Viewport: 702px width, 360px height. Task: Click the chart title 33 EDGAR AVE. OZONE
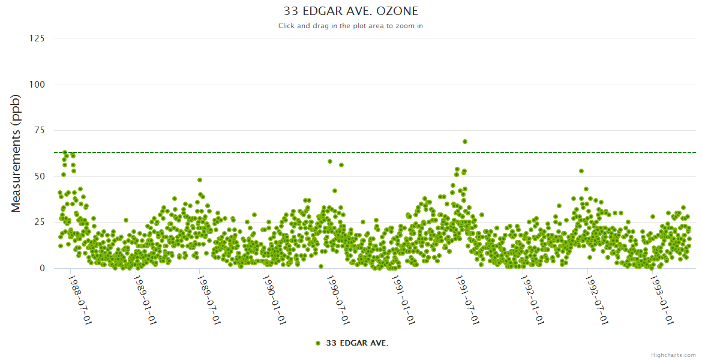coord(350,11)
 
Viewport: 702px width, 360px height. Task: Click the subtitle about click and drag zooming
coord(350,26)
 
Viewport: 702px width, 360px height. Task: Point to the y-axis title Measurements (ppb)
coord(16,153)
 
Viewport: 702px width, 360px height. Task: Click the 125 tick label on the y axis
coord(37,38)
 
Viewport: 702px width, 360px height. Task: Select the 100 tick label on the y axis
coord(37,85)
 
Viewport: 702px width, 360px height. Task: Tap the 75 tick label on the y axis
coord(39,130)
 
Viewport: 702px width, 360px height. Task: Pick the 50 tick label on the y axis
coord(39,176)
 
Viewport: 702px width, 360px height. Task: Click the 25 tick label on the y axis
coord(39,223)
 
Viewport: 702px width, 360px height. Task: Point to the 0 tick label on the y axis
coord(42,268)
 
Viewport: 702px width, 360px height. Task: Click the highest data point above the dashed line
coord(465,142)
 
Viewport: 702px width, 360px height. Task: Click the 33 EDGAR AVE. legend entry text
coord(357,343)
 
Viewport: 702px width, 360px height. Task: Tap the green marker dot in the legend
coord(318,343)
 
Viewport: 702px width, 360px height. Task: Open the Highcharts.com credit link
coord(673,355)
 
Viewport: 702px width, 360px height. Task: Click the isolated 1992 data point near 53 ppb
coord(581,171)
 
